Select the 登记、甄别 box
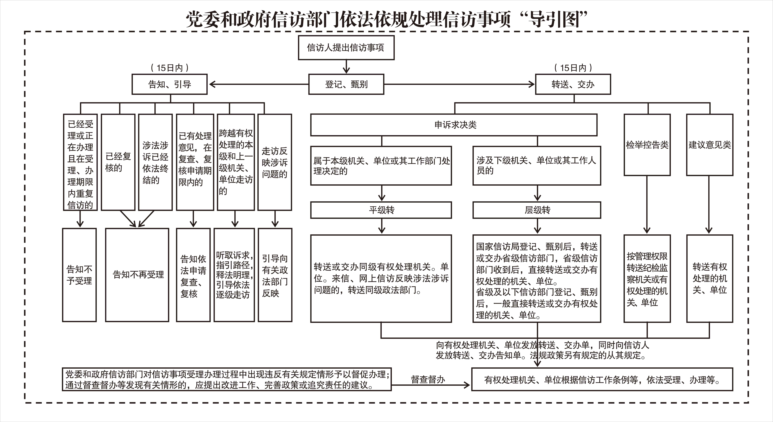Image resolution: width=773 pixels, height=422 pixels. pos(346,84)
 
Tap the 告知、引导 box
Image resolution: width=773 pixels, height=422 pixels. pos(170,84)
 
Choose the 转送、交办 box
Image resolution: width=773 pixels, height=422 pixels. pos(573,84)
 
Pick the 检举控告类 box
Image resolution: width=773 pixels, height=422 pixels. pos(647,145)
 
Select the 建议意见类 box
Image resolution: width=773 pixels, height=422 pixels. pos(710,145)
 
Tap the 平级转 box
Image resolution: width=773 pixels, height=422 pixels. pos(381,210)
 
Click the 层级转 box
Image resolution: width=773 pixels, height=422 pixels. pos(537,210)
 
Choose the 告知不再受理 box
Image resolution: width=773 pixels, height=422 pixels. pos(137,275)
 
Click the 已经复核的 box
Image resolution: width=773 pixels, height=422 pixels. pos(118,162)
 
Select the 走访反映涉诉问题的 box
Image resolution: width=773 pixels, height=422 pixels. pos(275,162)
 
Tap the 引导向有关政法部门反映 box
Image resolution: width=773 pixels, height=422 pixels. pos(275,275)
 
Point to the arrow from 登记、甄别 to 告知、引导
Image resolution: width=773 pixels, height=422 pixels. pos(258,84)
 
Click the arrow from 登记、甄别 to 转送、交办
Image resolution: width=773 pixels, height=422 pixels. pos(459,84)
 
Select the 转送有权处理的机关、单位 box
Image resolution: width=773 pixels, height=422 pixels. pos(710,278)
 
